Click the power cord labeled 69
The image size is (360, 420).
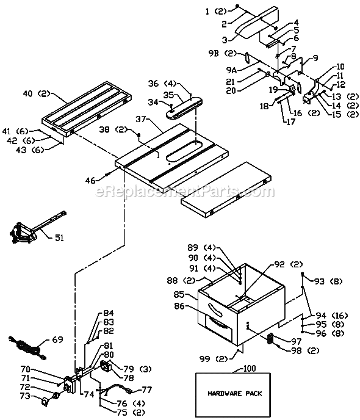point(24,347)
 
